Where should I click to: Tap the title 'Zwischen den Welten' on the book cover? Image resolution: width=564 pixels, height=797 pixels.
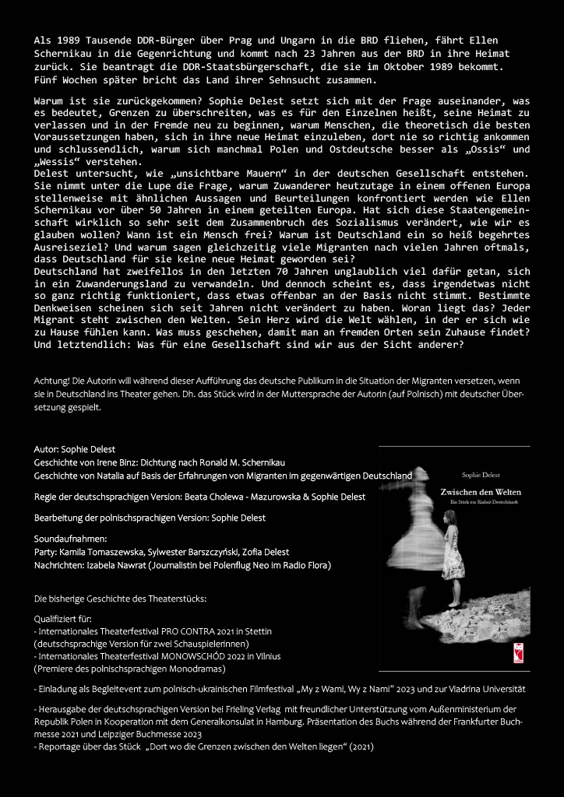(x=480, y=493)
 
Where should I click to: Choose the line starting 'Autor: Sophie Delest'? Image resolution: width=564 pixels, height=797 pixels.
(x=75, y=449)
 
